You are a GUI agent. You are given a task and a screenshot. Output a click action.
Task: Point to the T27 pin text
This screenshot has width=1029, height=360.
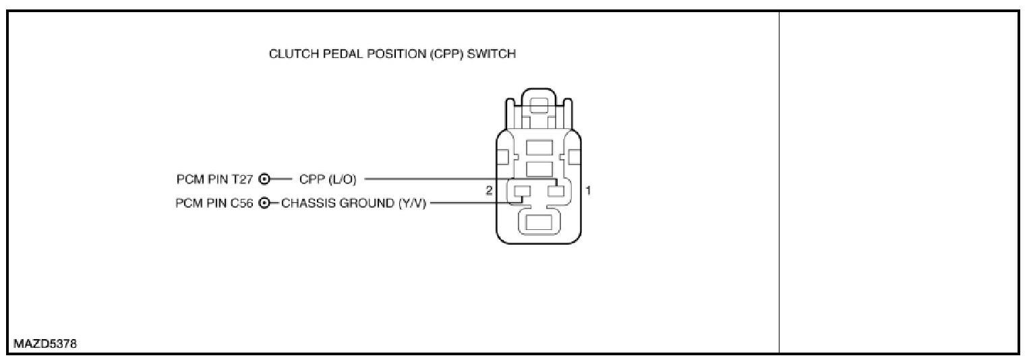pyautogui.click(x=245, y=179)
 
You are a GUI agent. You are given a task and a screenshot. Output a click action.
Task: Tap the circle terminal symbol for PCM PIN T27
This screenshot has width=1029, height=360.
pyautogui.click(x=265, y=179)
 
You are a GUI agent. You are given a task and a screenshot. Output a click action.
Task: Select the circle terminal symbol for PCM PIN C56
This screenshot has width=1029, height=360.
pyautogui.click(x=265, y=203)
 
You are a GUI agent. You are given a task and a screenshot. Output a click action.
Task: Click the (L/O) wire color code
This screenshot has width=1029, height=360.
pyautogui.click(x=343, y=179)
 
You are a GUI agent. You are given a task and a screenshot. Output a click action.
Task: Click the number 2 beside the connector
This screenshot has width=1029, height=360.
pyautogui.click(x=489, y=191)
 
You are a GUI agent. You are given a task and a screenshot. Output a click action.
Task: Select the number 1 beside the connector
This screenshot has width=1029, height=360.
pyautogui.click(x=588, y=191)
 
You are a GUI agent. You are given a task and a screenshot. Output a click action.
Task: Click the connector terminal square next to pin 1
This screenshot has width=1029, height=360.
pyautogui.click(x=556, y=191)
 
